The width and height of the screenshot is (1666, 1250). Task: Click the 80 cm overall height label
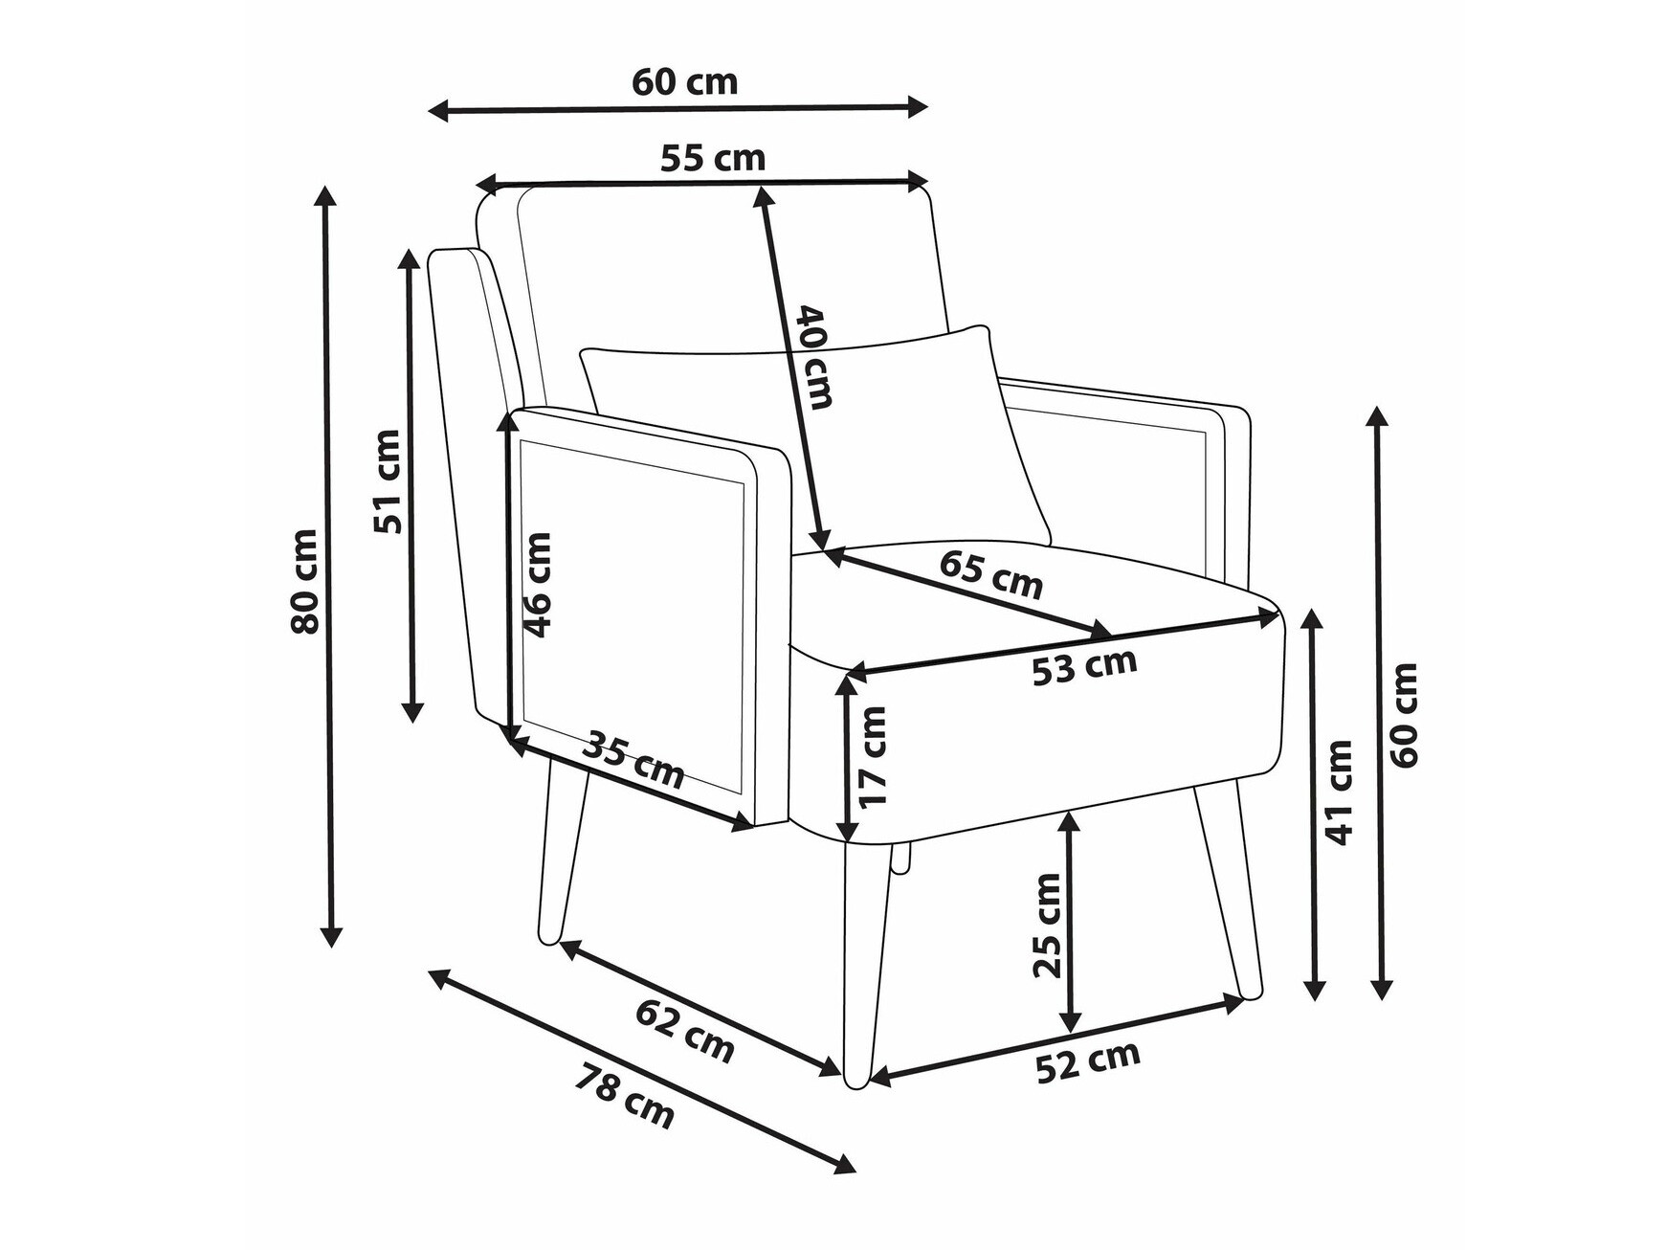point(305,581)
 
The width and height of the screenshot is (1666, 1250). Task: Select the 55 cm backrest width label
point(713,158)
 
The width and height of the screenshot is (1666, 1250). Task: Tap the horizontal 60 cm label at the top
point(685,82)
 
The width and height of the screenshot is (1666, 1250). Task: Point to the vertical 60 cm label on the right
point(1405,714)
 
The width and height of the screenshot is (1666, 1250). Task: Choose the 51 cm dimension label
point(387,480)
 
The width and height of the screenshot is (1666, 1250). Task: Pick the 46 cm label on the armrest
point(537,585)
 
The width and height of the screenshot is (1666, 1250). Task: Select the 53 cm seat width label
point(1084,666)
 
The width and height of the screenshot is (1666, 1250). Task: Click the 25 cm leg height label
point(1048,925)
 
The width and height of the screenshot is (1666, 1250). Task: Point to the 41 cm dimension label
point(1340,792)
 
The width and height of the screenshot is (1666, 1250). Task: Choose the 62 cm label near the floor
point(685,1030)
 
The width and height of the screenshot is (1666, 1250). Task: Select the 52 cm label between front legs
point(1089,1060)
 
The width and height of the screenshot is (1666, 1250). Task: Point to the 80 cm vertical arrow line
point(327,566)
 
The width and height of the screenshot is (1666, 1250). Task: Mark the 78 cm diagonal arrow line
point(642,1072)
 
